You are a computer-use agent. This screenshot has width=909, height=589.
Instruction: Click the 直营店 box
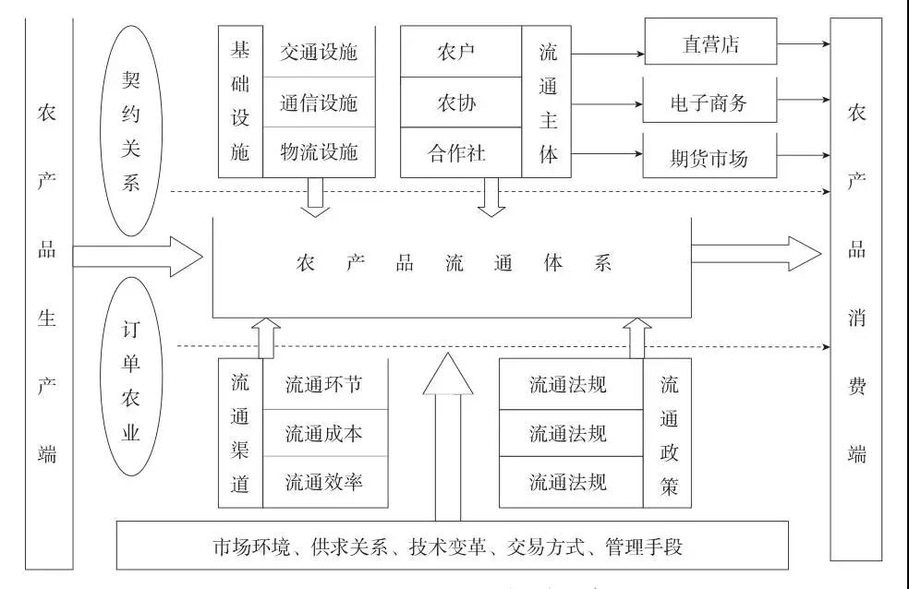710,44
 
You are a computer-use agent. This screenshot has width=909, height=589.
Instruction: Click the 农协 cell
460,102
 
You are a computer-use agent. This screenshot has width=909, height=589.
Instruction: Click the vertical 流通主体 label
549,102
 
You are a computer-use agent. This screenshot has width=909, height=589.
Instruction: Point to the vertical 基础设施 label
240,101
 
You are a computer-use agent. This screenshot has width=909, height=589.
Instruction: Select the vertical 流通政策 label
669,433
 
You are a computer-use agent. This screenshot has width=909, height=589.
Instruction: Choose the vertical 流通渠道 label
240,433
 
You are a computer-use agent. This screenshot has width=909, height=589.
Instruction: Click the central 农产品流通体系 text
453,263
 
